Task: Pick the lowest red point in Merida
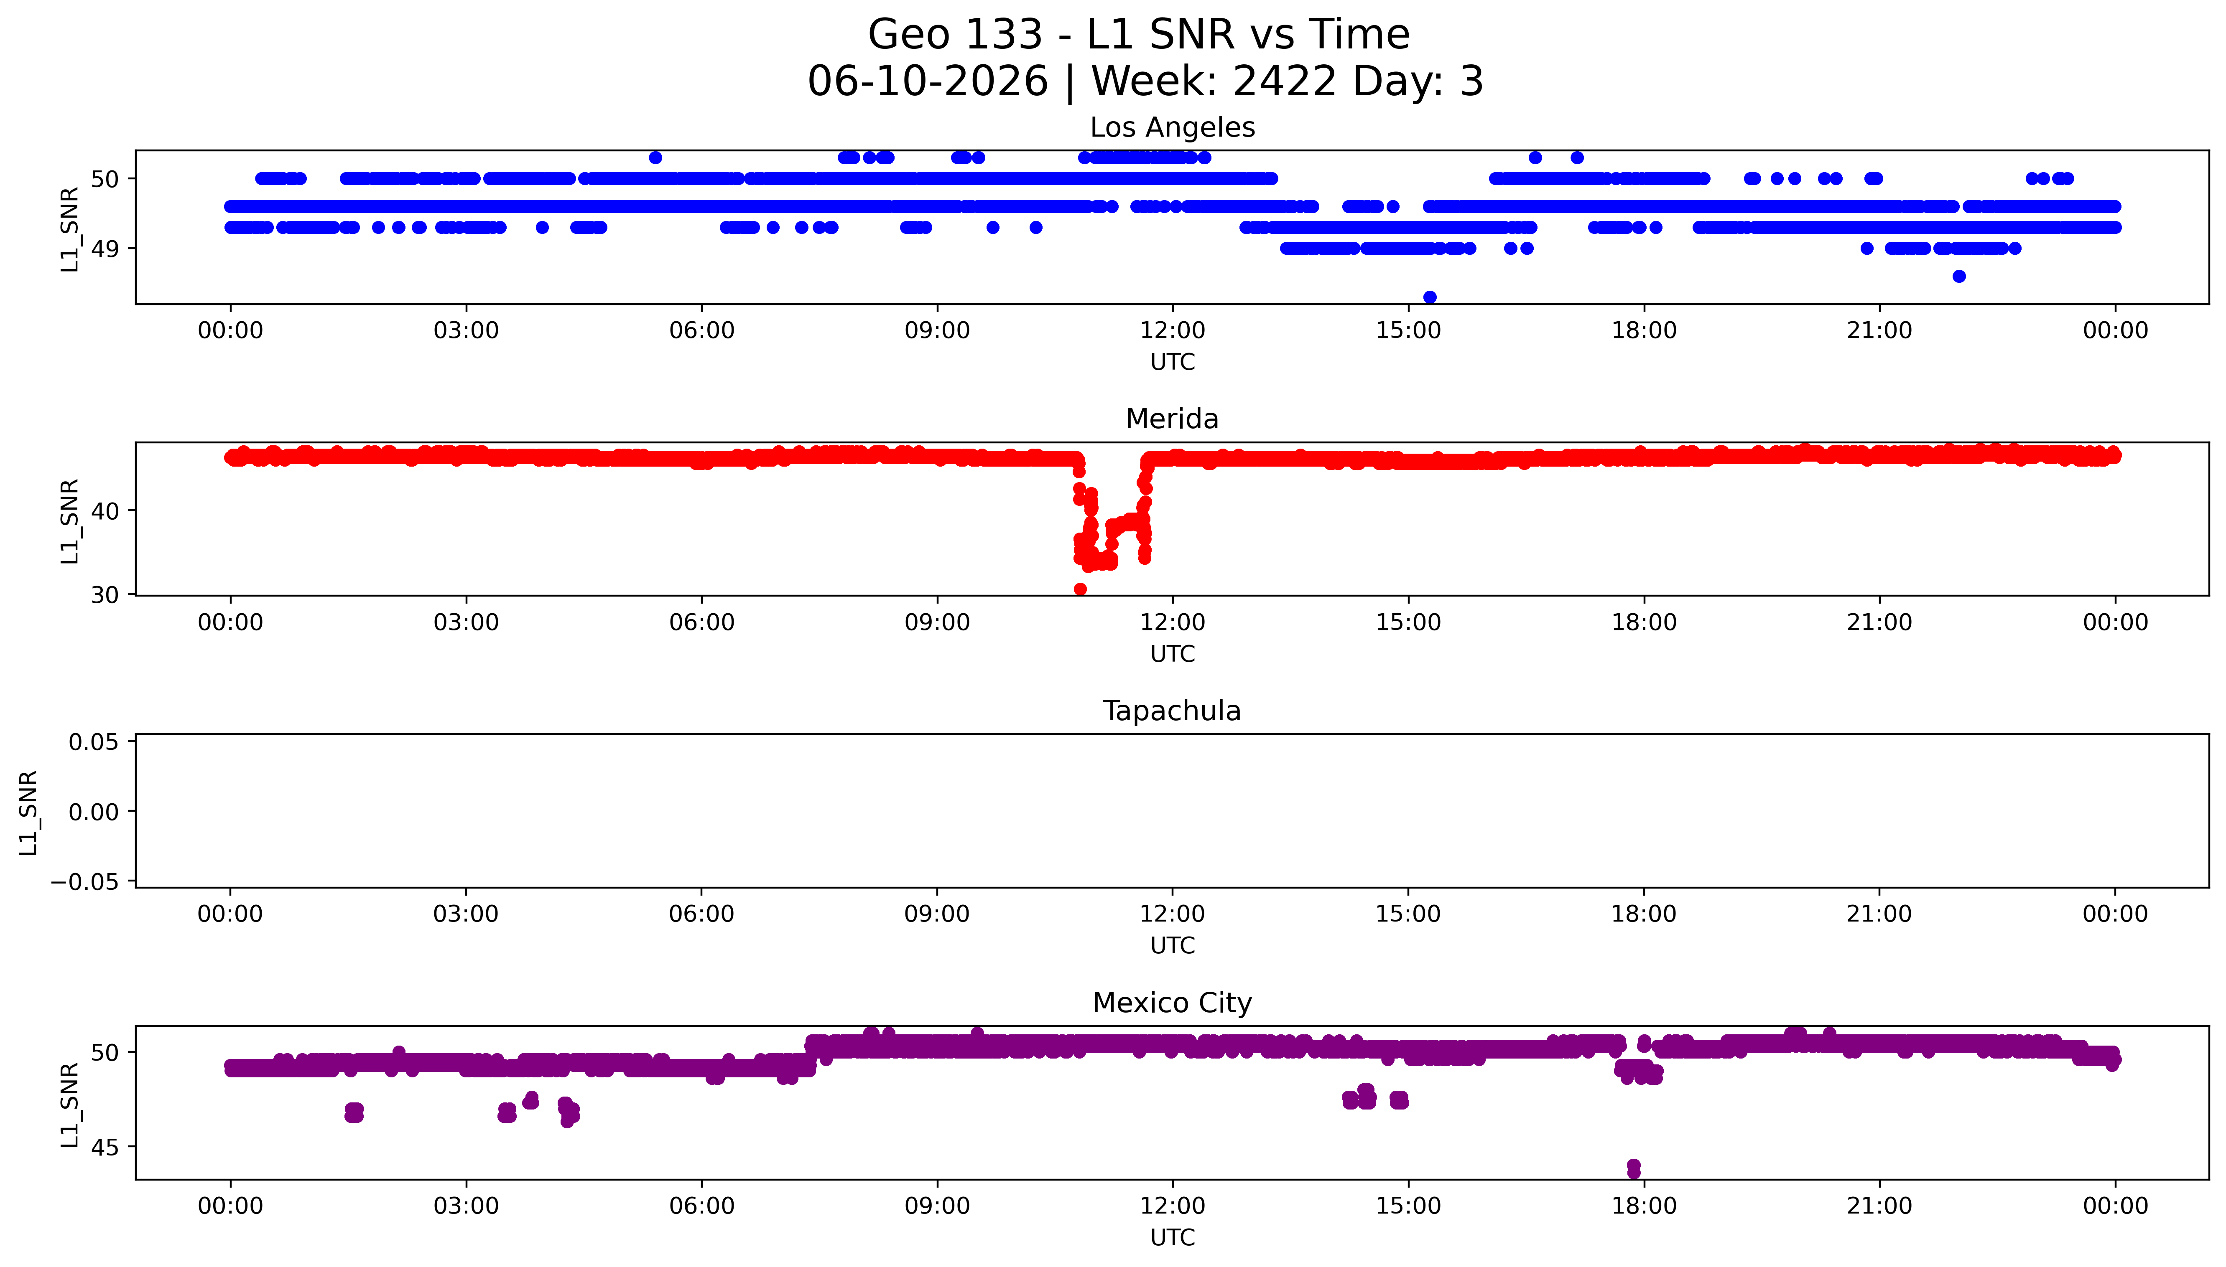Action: coord(1080,589)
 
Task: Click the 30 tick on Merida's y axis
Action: coord(105,595)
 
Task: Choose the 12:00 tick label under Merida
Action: coord(1173,622)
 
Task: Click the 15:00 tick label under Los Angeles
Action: coord(1409,331)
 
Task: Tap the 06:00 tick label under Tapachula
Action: coord(702,914)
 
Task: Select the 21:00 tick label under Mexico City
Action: coord(1879,1206)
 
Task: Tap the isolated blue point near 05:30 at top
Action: coord(655,157)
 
